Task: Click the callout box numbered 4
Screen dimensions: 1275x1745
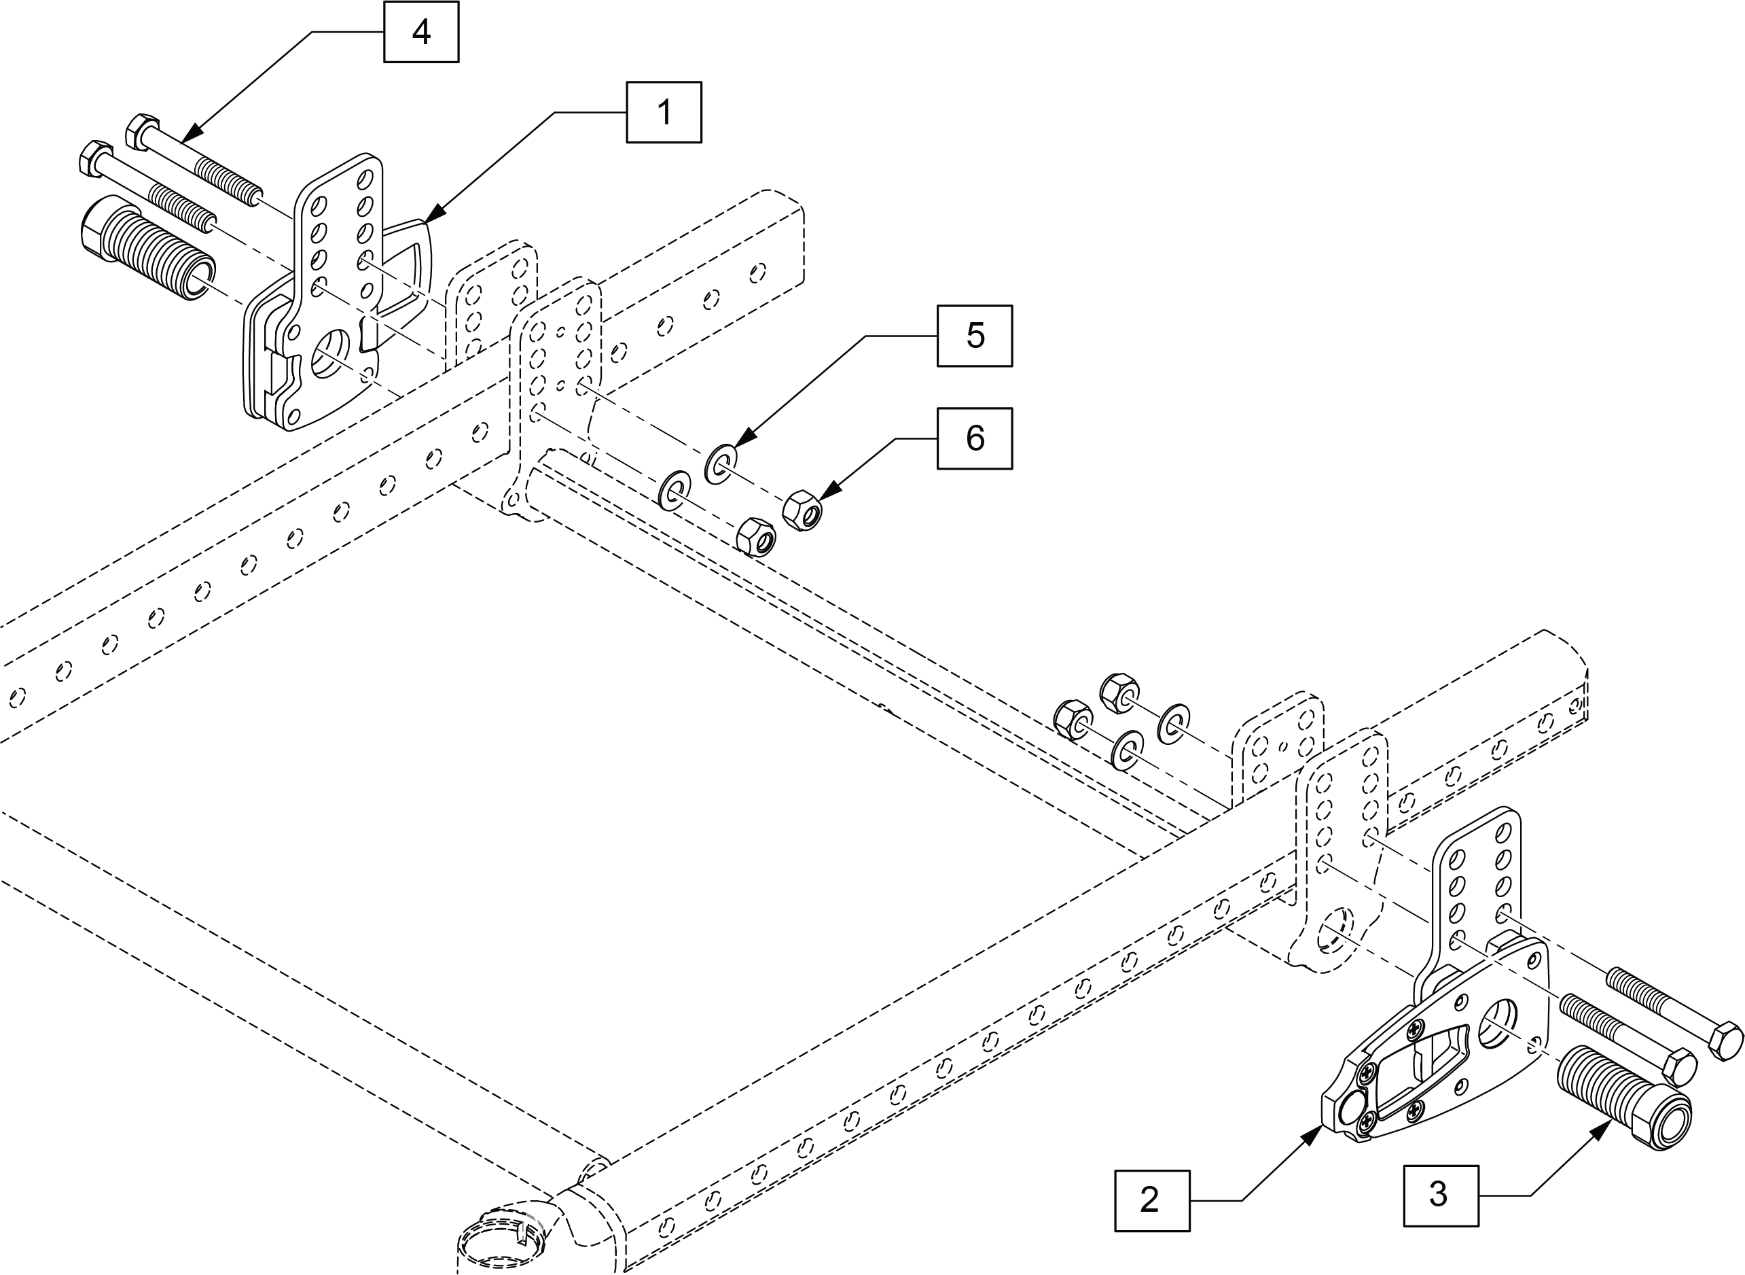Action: coord(421,33)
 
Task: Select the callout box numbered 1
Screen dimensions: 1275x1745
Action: coord(664,113)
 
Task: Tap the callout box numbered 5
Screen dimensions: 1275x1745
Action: coord(974,336)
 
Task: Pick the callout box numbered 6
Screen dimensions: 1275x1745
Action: coord(974,438)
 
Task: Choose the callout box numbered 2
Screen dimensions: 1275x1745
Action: coord(1152,1200)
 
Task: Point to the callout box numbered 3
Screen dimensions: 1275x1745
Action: coord(1440,1195)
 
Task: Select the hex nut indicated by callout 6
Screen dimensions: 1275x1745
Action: coord(802,512)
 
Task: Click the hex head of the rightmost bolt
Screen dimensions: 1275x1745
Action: coord(1725,1040)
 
